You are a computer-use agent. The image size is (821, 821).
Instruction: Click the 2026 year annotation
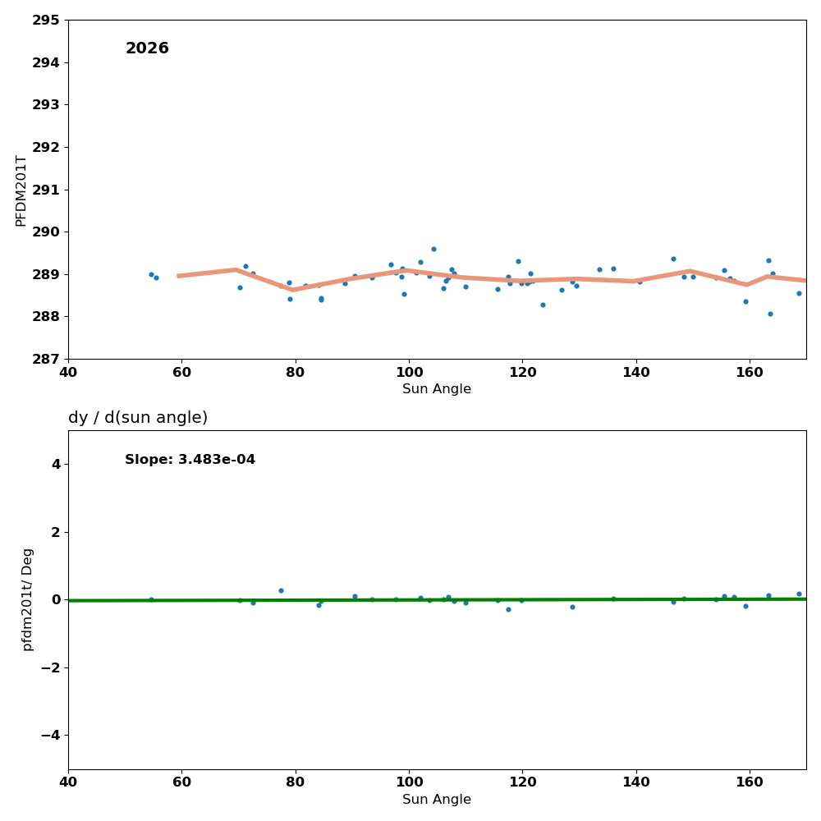tap(147, 49)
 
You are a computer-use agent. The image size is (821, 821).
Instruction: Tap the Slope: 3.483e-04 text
tap(190, 460)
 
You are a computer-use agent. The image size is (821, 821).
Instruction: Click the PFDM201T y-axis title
tap(21, 190)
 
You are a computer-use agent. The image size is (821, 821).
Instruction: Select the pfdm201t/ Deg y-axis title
tap(28, 599)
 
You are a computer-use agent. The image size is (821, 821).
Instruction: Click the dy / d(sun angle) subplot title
tap(138, 418)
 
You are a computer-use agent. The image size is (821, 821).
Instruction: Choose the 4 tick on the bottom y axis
tap(56, 464)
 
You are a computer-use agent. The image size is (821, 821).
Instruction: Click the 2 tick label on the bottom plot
tap(56, 532)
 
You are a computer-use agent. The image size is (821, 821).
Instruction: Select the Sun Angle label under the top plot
tap(437, 389)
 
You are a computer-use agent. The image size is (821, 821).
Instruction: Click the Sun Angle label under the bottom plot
tap(437, 800)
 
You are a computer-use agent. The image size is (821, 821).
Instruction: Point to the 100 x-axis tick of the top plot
tap(409, 373)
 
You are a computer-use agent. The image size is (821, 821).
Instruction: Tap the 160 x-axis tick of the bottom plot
tap(750, 783)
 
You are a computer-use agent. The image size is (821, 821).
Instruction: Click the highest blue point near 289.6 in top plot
tap(433, 250)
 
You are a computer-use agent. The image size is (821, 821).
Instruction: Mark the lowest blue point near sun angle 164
tap(770, 314)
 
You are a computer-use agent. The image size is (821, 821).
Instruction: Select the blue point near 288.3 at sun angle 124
tap(543, 305)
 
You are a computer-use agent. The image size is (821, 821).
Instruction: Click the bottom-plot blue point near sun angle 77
tap(281, 590)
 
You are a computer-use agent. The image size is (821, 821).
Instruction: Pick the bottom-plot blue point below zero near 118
tap(508, 609)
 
